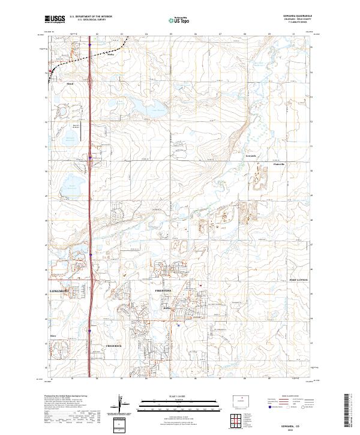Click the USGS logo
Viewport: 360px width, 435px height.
[x=55, y=20]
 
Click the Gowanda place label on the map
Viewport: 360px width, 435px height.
[x=251, y=155]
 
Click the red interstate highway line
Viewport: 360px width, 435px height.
[x=90, y=180]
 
